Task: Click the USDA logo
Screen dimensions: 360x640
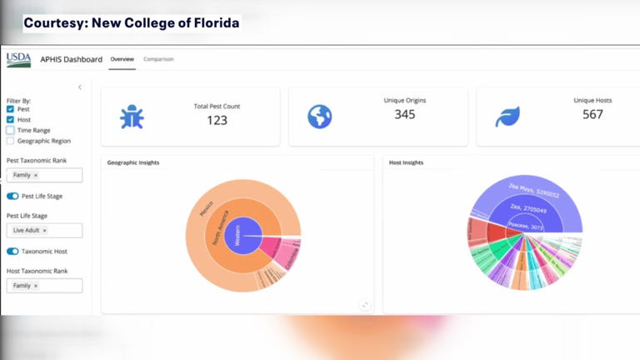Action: tap(18, 59)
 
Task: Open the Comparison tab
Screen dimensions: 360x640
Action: tap(158, 59)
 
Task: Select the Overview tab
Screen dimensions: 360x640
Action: tap(122, 59)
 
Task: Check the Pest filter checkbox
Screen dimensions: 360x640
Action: tap(10, 109)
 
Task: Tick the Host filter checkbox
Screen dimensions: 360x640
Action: tap(10, 120)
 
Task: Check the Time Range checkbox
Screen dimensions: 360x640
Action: tap(10, 131)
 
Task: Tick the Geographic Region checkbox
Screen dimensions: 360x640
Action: tap(10, 141)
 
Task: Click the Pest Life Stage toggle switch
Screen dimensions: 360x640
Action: tap(12, 196)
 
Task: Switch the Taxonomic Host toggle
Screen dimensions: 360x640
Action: tap(12, 251)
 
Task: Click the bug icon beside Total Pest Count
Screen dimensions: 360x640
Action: tap(132, 117)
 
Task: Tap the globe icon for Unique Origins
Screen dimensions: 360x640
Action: tap(319, 117)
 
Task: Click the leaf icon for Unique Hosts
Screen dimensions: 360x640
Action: tap(507, 117)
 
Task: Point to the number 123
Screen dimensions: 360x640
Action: tap(217, 120)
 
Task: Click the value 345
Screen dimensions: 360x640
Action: tap(405, 114)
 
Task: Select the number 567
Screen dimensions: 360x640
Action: tap(592, 114)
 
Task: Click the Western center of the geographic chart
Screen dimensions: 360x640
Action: tap(242, 231)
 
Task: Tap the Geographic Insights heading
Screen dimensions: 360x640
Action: tap(133, 162)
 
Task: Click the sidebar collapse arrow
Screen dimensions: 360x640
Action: tap(80, 87)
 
